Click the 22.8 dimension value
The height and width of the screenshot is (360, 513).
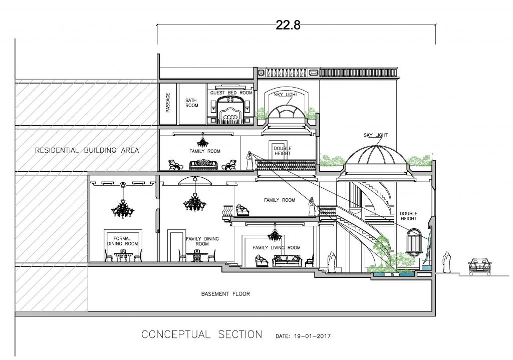click(288, 25)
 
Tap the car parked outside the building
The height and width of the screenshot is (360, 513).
click(479, 266)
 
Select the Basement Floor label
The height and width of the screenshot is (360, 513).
click(225, 294)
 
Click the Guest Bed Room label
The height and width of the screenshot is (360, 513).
click(231, 93)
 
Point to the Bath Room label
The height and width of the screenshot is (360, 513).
click(192, 103)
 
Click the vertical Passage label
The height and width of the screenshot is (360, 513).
click(168, 103)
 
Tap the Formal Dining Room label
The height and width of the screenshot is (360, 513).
click(122, 241)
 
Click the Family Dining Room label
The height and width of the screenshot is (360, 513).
click(202, 241)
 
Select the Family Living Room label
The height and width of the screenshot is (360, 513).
click(277, 247)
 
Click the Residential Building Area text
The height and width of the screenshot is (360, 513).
click(87, 150)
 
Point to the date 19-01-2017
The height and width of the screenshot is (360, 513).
click(313, 336)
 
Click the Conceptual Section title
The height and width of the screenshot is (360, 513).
click(202, 334)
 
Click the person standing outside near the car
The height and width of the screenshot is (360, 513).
click(446, 262)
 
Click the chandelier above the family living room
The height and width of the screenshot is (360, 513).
click(275, 233)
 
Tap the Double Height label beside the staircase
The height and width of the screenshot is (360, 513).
click(409, 216)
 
